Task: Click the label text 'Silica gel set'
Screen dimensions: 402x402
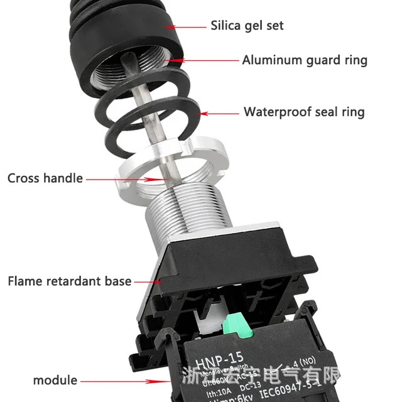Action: [247, 26]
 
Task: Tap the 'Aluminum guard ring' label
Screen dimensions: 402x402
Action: [305, 60]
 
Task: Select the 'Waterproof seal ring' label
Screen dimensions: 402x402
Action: [304, 112]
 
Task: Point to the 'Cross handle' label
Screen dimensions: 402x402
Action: [45, 178]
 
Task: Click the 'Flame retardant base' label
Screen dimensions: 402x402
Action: [70, 281]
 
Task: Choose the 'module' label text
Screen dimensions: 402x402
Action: [55, 380]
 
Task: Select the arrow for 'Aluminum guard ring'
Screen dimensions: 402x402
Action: [204, 61]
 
